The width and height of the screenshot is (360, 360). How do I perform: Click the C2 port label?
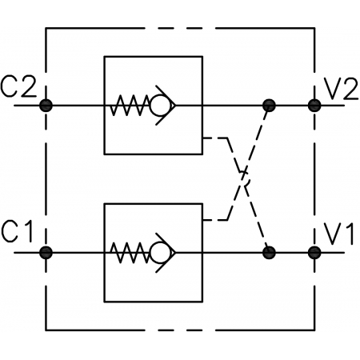[18, 87]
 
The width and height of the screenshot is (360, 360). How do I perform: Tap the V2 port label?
[342, 89]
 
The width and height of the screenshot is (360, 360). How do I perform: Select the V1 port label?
[338, 234]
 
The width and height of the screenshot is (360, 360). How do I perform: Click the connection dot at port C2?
[46, 106]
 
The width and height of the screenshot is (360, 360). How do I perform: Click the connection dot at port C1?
[46, 253]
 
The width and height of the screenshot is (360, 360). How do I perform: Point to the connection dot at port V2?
[314, 106]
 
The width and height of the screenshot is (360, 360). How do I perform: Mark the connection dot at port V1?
[314, 253]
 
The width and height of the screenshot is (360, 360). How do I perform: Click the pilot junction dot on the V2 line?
[269, 106]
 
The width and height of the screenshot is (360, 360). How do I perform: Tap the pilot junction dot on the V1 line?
[269, 253]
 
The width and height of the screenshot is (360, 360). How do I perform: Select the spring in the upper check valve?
[130, 106]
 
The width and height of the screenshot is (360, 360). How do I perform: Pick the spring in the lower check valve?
[130, 253]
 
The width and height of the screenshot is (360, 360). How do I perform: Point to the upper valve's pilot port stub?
[210, 138]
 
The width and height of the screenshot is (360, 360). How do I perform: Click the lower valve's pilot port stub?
[210, 220]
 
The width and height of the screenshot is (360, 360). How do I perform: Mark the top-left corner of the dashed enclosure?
[46, 28]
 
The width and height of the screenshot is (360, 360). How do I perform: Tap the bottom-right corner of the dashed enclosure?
[314, 330]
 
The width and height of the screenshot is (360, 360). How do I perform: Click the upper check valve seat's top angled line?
[166, 95]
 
